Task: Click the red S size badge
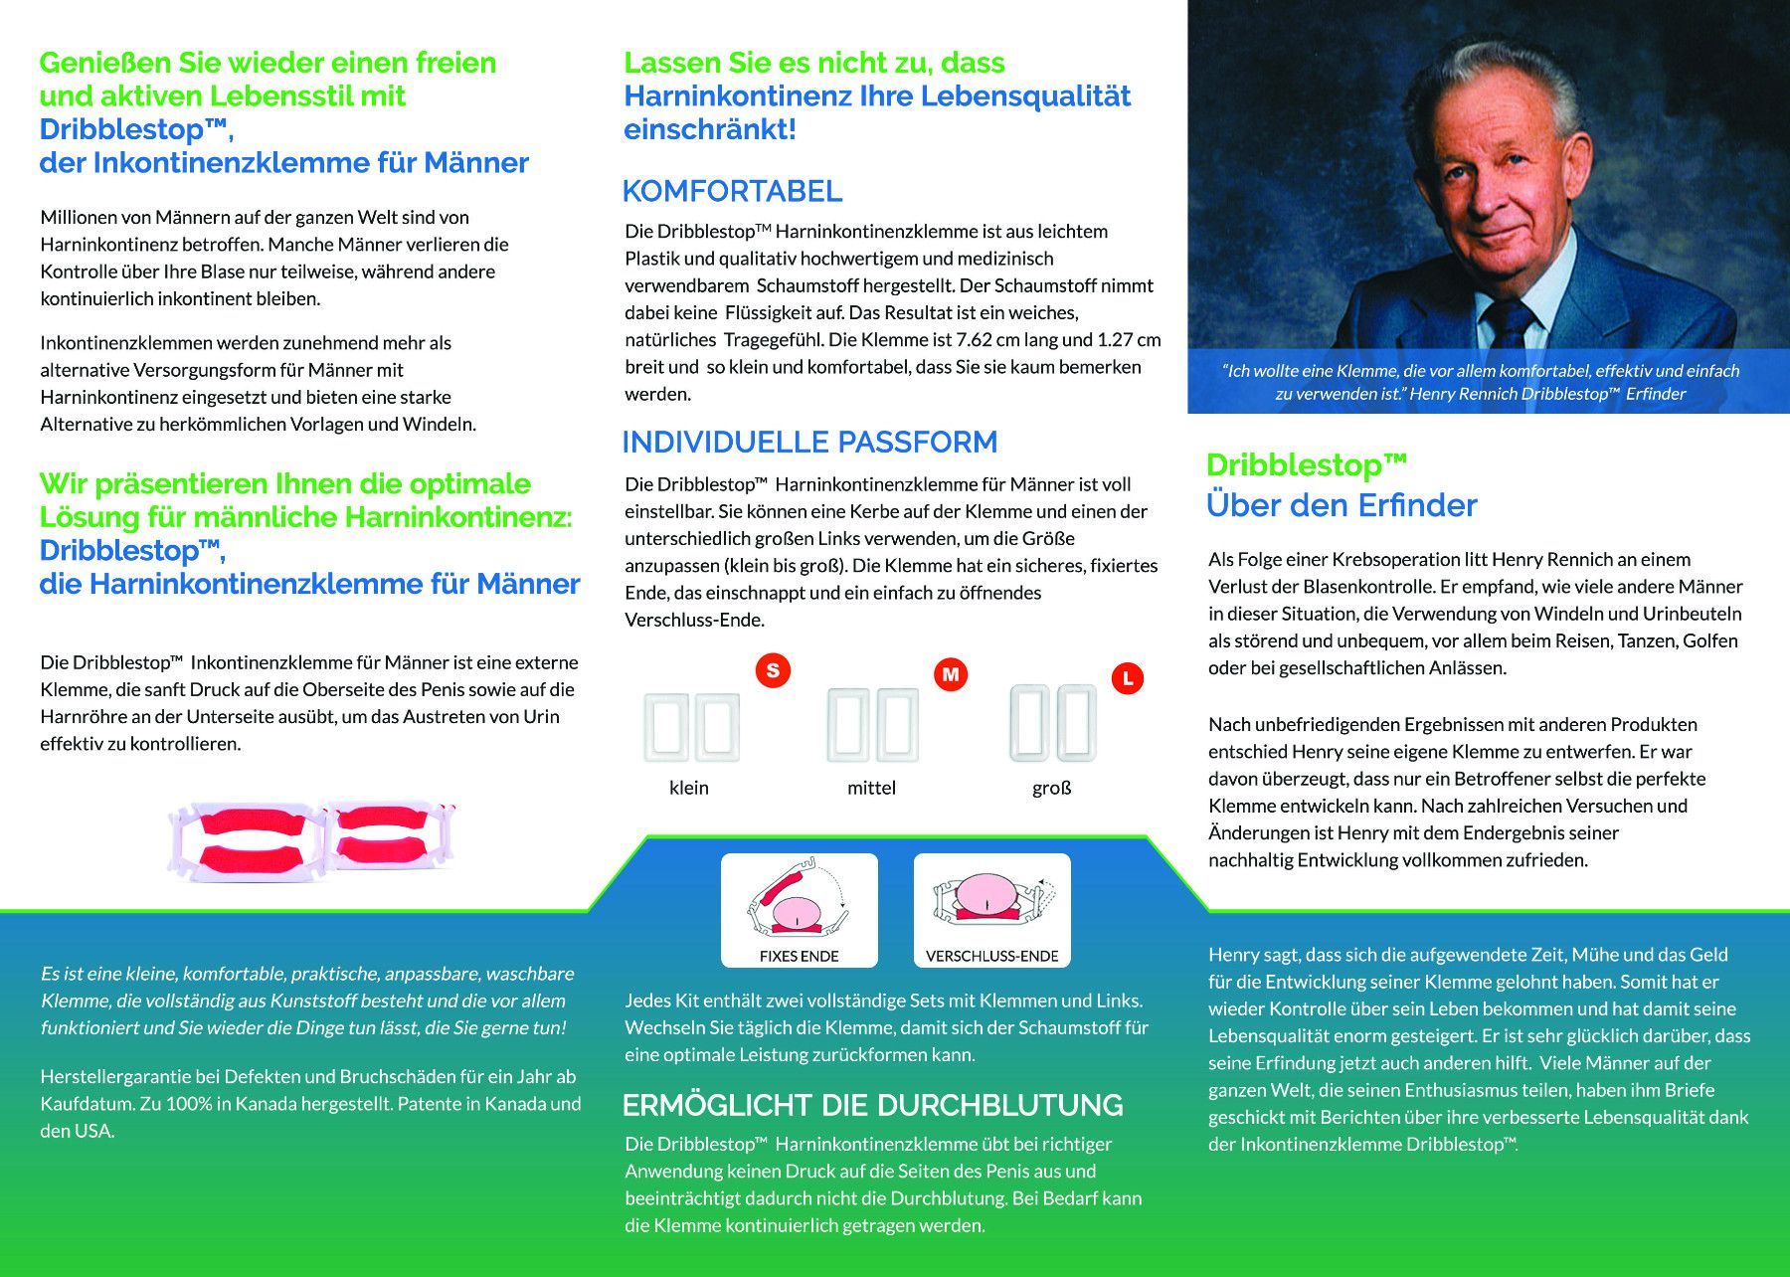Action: coord(773,670)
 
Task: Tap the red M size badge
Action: coord(951,674)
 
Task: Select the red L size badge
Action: coord(1127,679)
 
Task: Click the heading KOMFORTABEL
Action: coord(732,191)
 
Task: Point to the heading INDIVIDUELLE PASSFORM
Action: coord(809,442)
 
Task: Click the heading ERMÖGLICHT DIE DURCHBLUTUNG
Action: coord(872,1105)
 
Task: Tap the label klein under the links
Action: coord(689,788)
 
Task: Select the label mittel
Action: coord(871,788)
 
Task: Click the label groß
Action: coord(1051,788)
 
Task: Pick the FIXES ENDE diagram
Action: coord(799,909)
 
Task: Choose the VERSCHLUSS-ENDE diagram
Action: coord(991,909)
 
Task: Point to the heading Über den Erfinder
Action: coord(1342,505)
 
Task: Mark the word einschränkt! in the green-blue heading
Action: coord(710,129)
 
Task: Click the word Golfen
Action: coord(1710,640)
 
